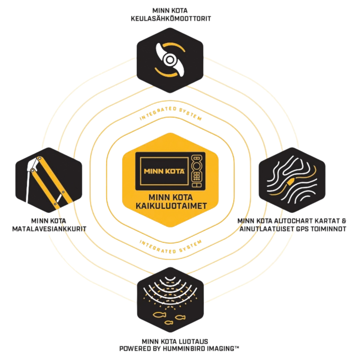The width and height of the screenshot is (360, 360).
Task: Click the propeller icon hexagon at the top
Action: click(x=170, y=60)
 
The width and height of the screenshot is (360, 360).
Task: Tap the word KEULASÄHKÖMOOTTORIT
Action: click(x=171, y=18)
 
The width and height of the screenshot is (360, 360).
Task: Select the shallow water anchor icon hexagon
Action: click(x=48, y=180)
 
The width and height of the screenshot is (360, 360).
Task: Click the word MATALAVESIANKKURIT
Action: click(x=49, y=229)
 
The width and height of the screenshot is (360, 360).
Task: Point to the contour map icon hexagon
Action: click(x=292, y=180)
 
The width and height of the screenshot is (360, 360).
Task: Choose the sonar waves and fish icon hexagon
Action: click(x=170, y=299)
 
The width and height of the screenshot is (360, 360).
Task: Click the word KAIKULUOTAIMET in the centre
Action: click(x=171, y=205)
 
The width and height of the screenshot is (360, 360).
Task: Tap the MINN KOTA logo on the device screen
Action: click(x=164, y=171)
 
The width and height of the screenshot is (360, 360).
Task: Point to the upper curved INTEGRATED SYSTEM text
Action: click(x=170, y=113)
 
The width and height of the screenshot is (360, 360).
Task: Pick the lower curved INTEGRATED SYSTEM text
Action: click(x=170, y=247)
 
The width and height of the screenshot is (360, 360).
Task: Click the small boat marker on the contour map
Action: click(x=289, y=182)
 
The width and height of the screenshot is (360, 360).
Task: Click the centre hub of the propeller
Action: click(x=170, y=60)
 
